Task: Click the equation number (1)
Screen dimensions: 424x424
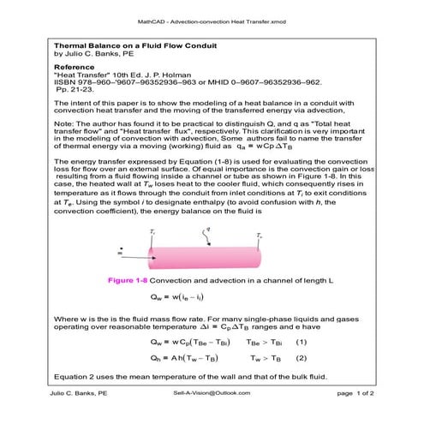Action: (301, 341)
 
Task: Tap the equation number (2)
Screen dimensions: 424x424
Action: (301, 356)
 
